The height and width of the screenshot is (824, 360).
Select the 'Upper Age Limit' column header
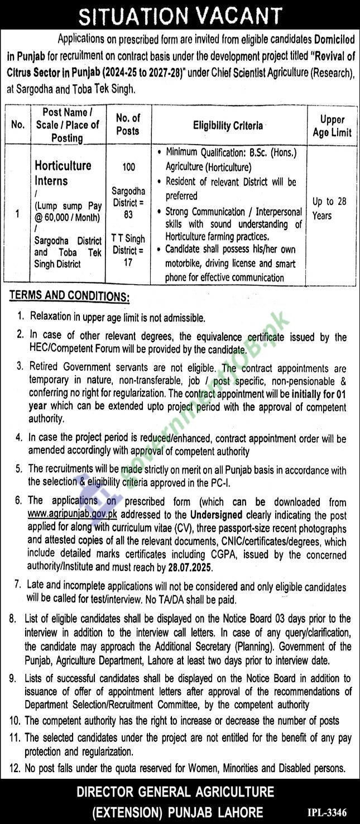(333, 126)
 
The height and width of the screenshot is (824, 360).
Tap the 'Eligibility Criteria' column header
(228, 126)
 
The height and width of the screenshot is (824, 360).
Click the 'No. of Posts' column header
(128, 124)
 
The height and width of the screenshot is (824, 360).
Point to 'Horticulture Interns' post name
(63, 173)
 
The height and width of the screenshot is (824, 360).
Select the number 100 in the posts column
(128, 167)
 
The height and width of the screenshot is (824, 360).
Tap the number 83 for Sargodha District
(128, 215)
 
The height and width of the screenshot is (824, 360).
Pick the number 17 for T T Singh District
(128, 262)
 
